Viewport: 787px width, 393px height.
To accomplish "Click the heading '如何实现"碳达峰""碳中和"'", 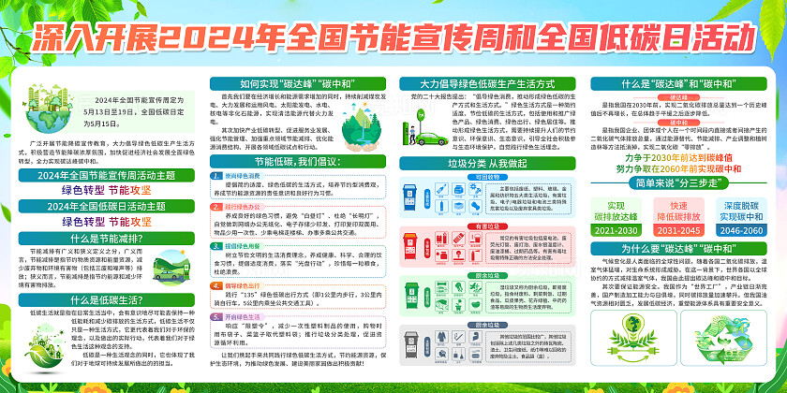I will coord(292,83).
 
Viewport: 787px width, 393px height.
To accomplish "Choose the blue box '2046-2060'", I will coord(745,230).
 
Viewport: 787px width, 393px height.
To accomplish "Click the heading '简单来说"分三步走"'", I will coord(681,185).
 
